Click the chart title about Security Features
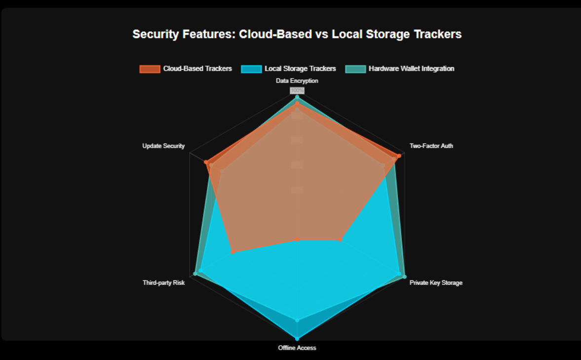click(x=297, y=34)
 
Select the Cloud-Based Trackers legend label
click(x=197, y=69)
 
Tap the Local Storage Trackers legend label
click(x=300, y=69)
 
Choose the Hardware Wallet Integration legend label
click(x=411, y=69)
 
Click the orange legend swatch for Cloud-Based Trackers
click(x=150, y=69)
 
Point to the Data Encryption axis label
click(x=297, y=80)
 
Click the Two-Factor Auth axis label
click(x=431, y=146)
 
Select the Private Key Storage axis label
click(x=436, y=283)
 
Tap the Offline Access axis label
click(x=297, y=348)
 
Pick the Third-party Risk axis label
click(x=163, y=283)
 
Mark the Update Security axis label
click(x=163, y=146)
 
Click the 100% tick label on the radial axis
click(x=297, y=90)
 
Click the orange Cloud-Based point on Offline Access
click(x=297, y=240)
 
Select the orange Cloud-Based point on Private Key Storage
click(x=340, y=240)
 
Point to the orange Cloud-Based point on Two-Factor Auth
click(x=399, y=156)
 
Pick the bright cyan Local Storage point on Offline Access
click(x=297, y=339)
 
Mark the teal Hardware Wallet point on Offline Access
click(x=297, y=320)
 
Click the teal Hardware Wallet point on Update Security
click(x=222, y=171)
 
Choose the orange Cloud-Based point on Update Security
click(x=206, y=162)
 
